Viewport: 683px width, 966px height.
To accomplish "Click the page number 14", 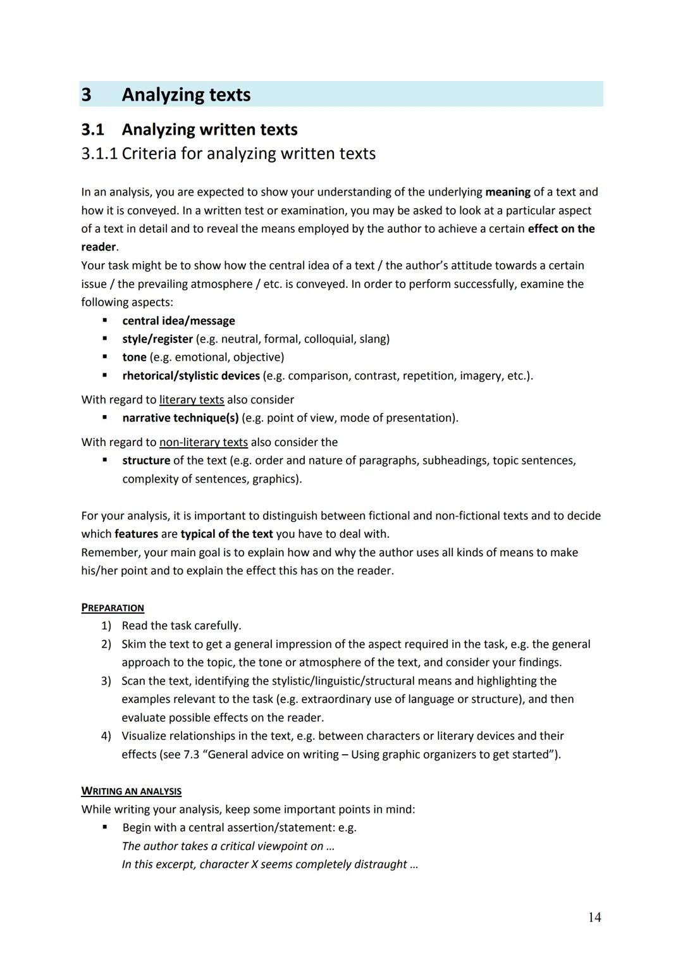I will pyautogui.click(x=594, y=917).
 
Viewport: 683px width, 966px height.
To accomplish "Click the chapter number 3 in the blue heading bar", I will pyautogui.click(x=87, y=95).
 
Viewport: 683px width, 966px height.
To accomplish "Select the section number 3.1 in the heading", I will pyautogui.click(x=92, y=130).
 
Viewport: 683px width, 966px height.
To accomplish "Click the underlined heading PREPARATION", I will pyautogui.click(x=113, y=608).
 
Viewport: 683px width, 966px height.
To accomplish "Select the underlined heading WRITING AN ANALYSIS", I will pyautogui.click(x=131, y=791).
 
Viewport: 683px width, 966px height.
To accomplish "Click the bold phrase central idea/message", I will pyautogui.click(x=178, y=321).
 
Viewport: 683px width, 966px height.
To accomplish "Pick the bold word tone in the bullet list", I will pyautogui.click(x=134, y=357).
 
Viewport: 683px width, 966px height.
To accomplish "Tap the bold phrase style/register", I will pyautogui.click(x=157, y=339).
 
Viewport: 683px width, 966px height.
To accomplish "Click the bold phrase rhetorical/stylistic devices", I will pyautogui.click(x=191, y=376).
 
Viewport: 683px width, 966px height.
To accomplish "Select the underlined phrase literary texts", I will pyautogui.click(x=192, y=400).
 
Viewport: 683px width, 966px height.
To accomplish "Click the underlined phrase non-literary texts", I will pyautogui.click(x=203, y=442).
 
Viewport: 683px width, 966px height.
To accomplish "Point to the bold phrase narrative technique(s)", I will pyautogui.click(x=180, y=418).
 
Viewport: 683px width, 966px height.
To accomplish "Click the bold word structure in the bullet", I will pyautogui.click(x=146, y=461).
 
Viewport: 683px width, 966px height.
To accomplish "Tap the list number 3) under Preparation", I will pyautogui.click(x=106, y=681).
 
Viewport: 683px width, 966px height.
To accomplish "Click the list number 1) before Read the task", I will pyautogui.click(x=106, y=626).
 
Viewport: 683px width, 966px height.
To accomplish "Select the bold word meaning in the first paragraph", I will pyautogui.click(x=507, y=192).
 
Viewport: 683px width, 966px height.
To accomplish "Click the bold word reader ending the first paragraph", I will pyautogui.click(x=98, y=247).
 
